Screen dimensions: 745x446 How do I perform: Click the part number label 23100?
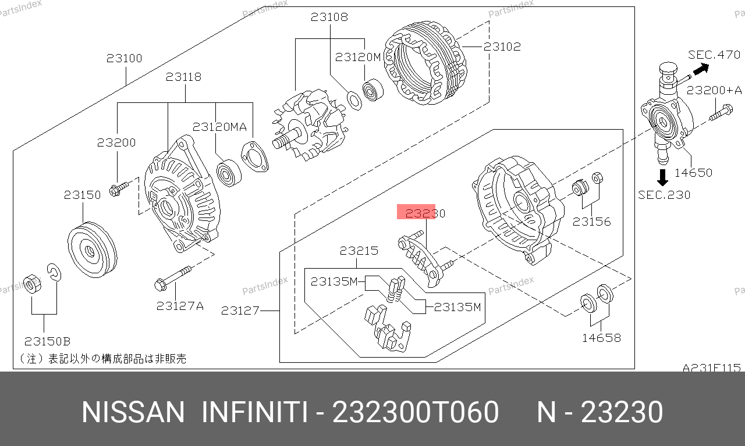click(x=124, y=59)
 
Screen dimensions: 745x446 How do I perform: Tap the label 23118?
click(x=183, y=77)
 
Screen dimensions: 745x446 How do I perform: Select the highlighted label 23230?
click(x=425, y=213)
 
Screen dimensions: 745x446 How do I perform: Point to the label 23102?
click(x=502, y=47)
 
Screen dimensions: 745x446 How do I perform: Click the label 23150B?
click(x=47, y=341)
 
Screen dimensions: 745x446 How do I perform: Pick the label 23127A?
click(x=180, y=306)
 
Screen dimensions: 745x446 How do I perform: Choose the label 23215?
click(x=359, y=251)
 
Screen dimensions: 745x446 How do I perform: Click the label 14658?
click(x=601, y=338)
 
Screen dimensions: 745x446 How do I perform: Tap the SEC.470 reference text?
click(x=714, y=55)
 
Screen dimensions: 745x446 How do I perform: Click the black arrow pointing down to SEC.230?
click(x=662, y=177)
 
